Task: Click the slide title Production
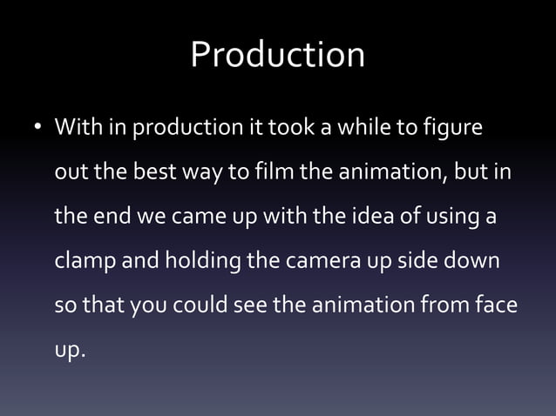[277, 56]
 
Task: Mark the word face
[496, 308]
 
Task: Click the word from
[443, 308]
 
